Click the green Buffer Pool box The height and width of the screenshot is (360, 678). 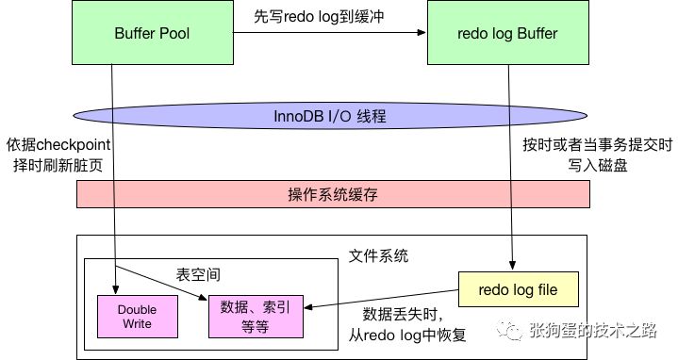coord(153,33)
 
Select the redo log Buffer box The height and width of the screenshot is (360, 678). coord(508,33)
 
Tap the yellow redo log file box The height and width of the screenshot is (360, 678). coord(518,289)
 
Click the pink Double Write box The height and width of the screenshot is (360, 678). coord(138,317)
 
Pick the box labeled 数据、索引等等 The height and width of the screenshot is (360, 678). coord(256,317)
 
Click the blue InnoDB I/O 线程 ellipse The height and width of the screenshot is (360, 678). coord(330,116)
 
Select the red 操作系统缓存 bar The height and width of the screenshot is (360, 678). coord(333,194)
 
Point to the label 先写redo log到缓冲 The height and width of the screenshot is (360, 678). coord(319,16)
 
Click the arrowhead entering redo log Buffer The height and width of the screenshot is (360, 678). coord(422,32)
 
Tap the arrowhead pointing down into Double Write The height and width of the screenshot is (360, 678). coord(115,290)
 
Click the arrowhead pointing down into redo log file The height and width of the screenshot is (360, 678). coord(512,266)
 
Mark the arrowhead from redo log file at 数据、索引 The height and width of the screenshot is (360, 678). coord(308,307)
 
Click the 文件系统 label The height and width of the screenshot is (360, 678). coord(378,255)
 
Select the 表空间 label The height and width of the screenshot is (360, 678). coord(198,275)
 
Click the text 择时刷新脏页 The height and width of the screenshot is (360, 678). coord(58,166)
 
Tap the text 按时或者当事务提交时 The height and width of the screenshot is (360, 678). coord(598,145)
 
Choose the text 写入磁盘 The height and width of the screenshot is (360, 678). coord(598,166)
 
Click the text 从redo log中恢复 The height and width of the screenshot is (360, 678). coord(407,335)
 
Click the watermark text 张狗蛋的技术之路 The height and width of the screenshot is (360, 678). coord(593,331)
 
